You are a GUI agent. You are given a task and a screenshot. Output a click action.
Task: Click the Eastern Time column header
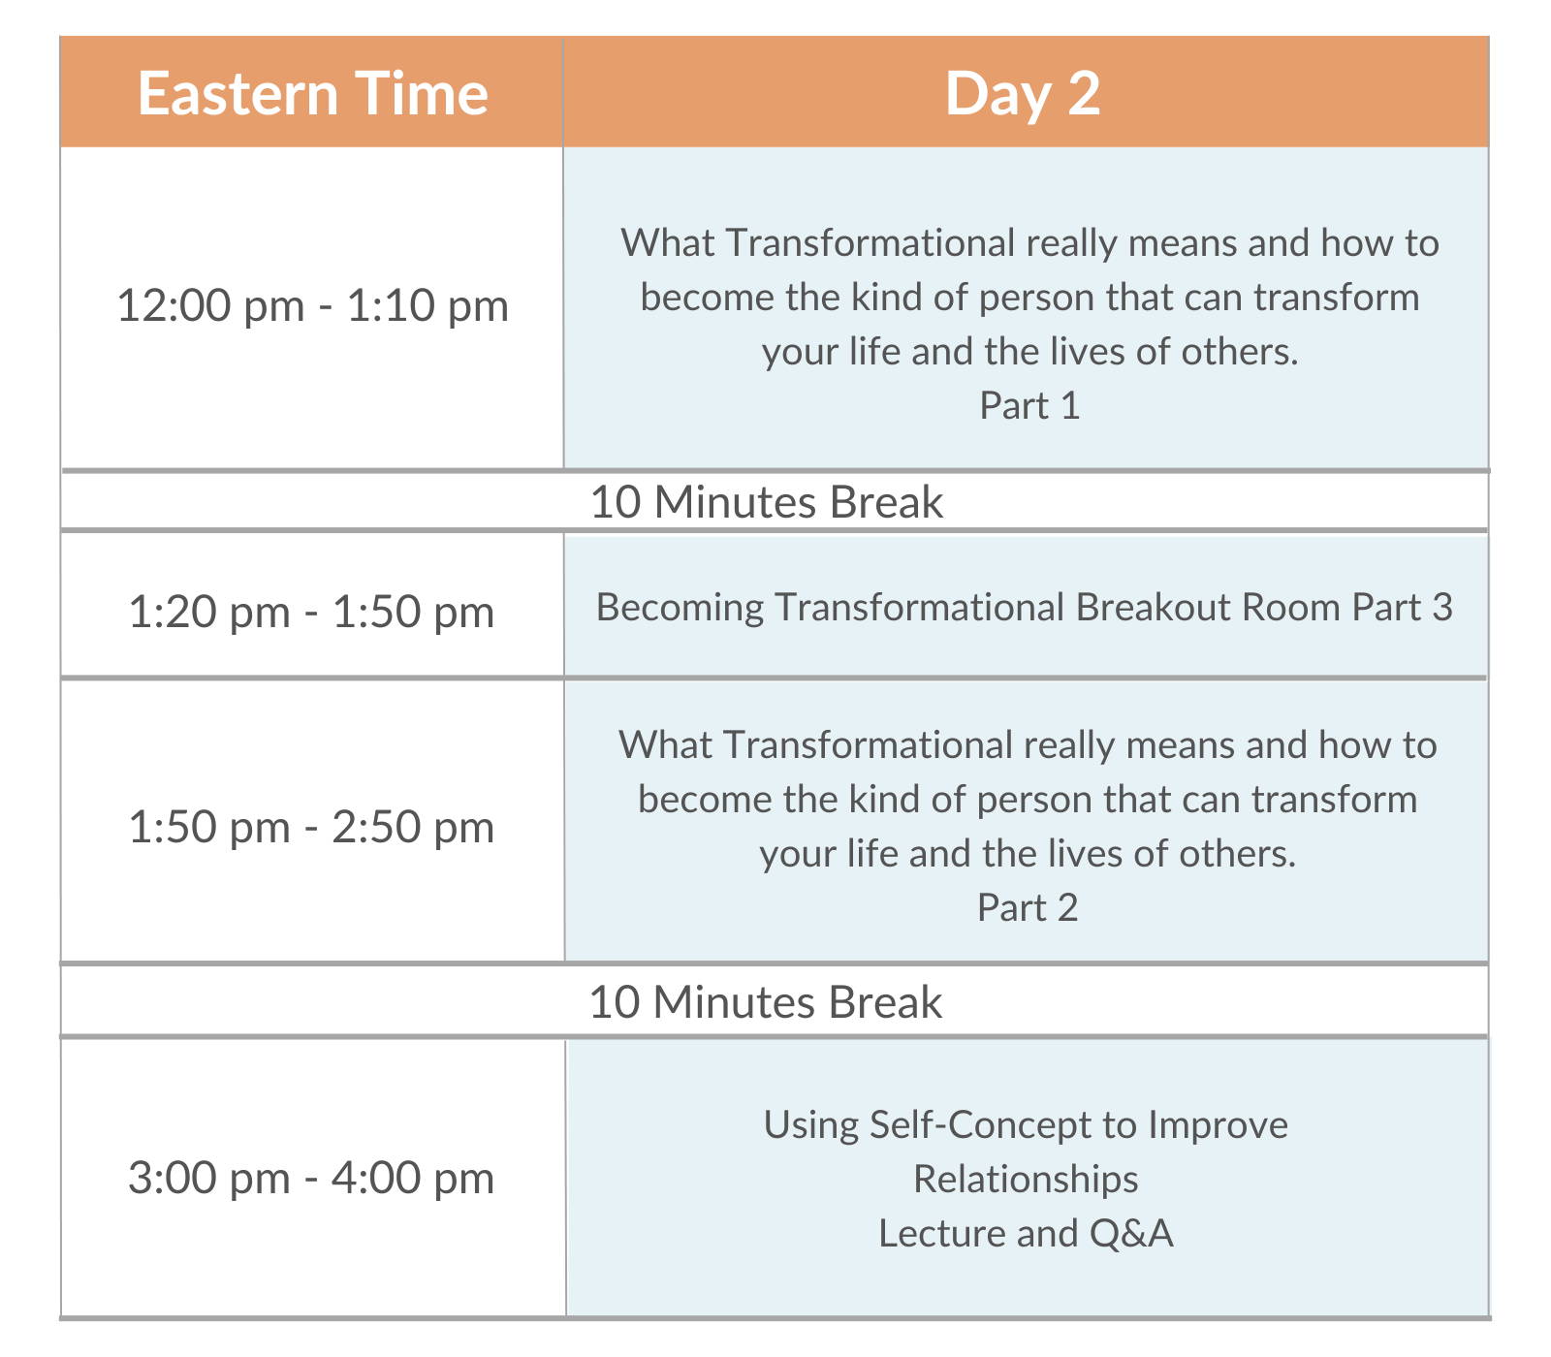[312, 93]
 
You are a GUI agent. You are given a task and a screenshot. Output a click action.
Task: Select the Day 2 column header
[1026, 93]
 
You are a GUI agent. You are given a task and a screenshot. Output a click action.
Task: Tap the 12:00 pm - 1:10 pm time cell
[312, 306]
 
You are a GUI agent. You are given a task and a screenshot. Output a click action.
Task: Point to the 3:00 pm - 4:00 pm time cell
[312, 1178]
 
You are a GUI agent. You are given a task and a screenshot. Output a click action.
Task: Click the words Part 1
[1029, 405]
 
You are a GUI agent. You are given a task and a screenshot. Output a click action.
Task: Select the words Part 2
[1028, 907]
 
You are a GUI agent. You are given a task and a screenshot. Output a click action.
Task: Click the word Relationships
[1026, 1179]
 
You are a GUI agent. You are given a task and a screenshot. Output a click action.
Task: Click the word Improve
[1219, 1125]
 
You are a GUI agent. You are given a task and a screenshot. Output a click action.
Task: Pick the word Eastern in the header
[237, 93]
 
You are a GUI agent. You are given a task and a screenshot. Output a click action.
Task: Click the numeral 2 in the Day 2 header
[1085, 93]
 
